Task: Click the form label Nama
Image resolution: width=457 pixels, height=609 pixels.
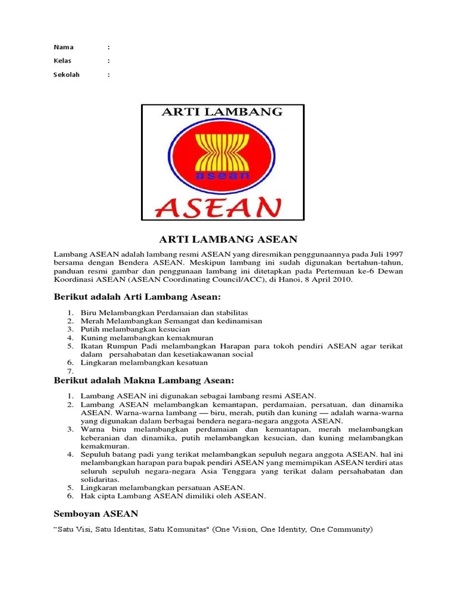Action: pos(62,47)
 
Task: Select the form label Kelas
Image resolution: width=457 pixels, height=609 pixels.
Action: pos(62,61)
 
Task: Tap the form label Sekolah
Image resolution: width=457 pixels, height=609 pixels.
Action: pos(66,75)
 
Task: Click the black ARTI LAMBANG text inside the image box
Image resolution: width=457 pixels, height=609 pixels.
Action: pos(222,112)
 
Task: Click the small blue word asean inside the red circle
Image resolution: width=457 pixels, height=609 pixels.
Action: pos(221,176)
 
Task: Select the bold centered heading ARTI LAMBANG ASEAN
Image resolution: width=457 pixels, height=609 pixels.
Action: pos(228,239)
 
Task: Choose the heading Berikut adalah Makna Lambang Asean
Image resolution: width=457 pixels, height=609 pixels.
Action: pos(145,380)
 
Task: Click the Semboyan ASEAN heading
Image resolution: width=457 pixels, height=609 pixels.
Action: pos(96,513)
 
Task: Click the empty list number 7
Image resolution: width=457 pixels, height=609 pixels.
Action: pos(70,371)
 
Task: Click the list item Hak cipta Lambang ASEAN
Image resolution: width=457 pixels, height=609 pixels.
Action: pos(173,495)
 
